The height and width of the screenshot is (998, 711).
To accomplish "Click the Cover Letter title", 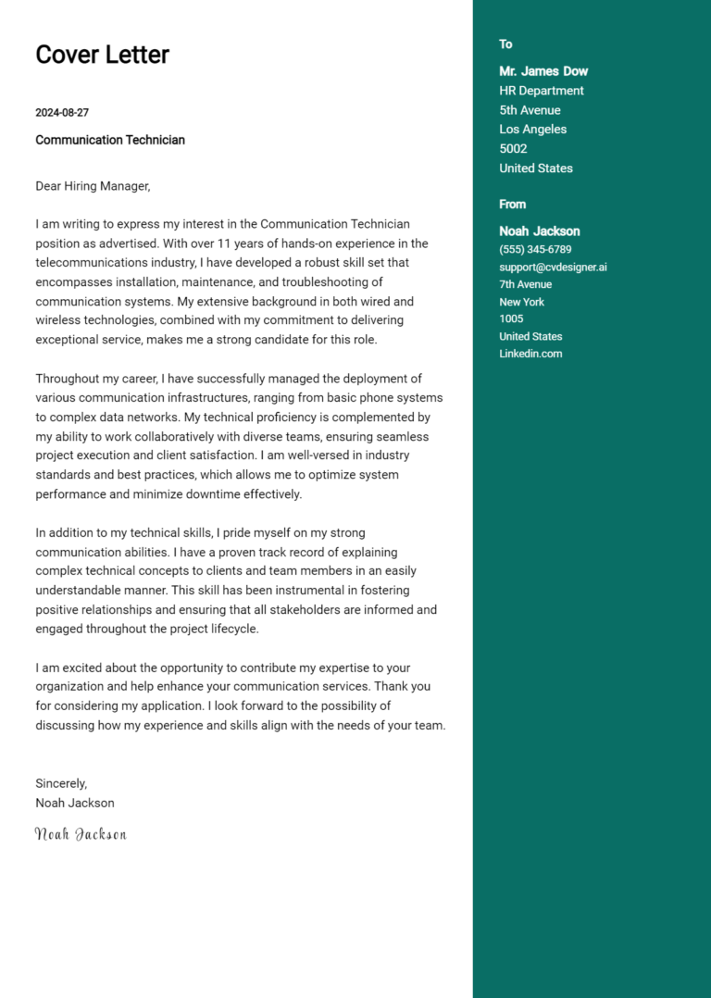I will click(102, 55).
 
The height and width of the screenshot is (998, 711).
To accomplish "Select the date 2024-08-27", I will click(62, 113).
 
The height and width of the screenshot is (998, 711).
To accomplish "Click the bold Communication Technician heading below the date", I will click(110, 140).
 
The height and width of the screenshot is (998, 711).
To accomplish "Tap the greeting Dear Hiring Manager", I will click(93, 186).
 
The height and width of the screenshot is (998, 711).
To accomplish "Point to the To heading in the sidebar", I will click(505, 44).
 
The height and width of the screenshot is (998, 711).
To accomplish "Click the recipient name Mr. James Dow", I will click(543, 71).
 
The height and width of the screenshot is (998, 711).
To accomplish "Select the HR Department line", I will click(542, 91).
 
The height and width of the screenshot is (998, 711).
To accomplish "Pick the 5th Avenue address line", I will click(530, 110).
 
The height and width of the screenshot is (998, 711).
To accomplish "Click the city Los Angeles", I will click(532, 130).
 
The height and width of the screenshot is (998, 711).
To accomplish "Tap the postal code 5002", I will click(513, 149).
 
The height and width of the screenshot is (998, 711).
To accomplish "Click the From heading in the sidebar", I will click(512, 205).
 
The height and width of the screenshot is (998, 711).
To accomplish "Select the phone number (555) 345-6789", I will click(535, 250).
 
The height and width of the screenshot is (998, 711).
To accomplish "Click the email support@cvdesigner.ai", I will click(553, 268).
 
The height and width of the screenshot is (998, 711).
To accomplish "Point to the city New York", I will click(521, 302).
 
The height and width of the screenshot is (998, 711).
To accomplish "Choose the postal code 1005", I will click(511, 319).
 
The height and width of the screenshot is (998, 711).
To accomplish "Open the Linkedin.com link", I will click(530, 354).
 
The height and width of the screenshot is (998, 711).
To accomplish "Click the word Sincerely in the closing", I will click(61, 783).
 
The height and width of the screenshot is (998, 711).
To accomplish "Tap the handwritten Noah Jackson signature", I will click(81, 834).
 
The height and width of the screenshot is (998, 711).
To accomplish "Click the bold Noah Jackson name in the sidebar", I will click(540, 231).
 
